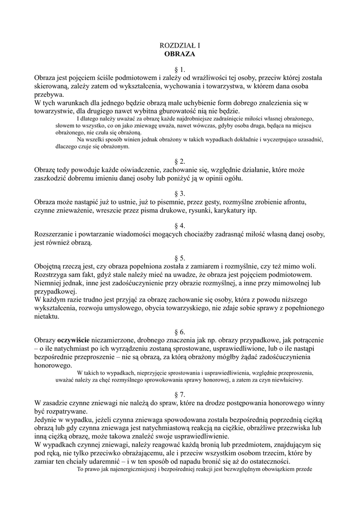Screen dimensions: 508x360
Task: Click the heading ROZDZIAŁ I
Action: click(x=180, y=46)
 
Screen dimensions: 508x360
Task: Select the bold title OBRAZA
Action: click(x=180, y=54)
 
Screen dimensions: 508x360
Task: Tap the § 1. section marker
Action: click(x=180, y=69)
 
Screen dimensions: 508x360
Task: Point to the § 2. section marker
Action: click(x=180, y=162)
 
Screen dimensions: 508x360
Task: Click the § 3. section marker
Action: click(x=180, y=194)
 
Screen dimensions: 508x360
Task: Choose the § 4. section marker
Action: click(x=180, y=226)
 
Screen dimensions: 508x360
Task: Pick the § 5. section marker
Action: click(x=180, y=258)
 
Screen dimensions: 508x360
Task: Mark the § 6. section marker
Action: click(x=180, y=331)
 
